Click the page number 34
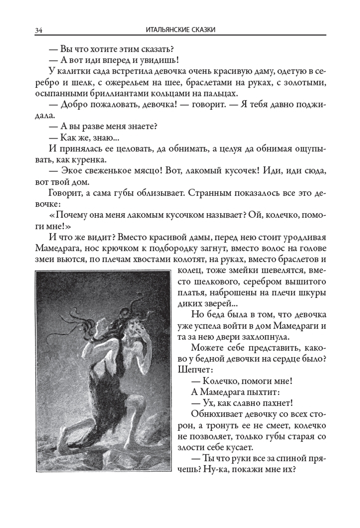[x=39, y=30]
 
